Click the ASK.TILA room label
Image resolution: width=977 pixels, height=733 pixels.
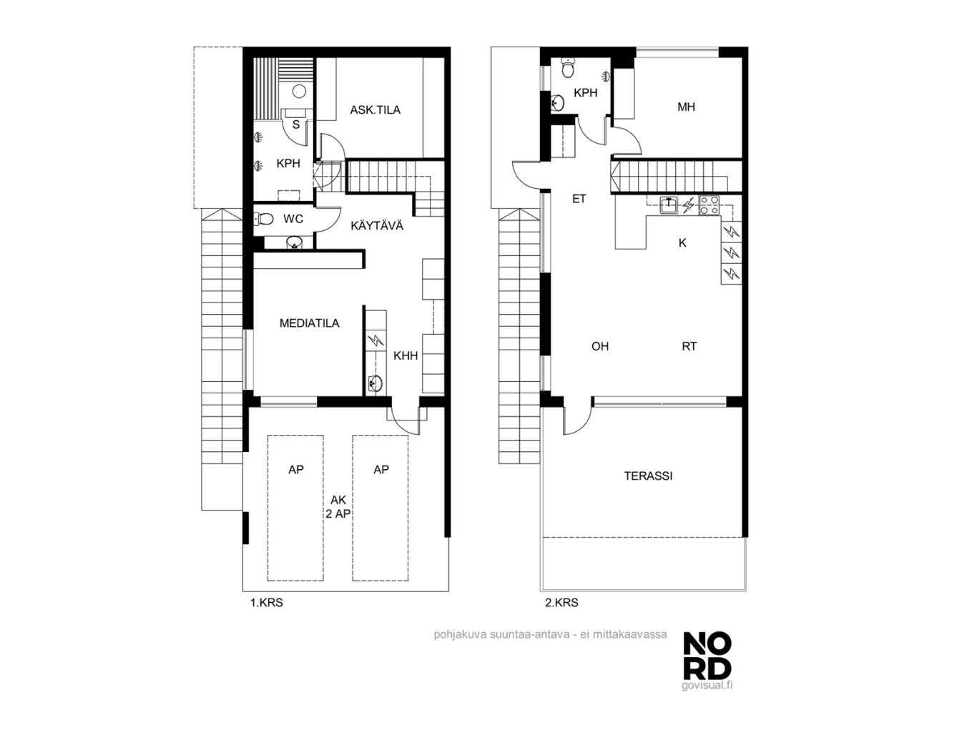(375, 110)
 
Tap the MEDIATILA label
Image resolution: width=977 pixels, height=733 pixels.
(310, 323)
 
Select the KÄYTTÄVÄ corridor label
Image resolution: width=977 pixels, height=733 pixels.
(377, 225)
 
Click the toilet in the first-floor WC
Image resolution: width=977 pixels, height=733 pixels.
(263, 219)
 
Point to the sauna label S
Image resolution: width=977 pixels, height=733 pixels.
(296, 124)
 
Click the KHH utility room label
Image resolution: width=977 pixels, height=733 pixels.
(406, 355)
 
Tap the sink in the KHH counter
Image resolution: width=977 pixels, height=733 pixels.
(375, 383)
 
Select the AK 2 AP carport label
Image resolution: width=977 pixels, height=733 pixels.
(338, 507)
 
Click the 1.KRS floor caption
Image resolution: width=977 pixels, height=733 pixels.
(266, 603)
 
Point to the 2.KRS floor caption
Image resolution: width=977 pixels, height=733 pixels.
(561, 603)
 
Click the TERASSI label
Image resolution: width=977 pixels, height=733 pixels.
(648, 476)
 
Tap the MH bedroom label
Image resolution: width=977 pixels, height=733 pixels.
(686, 107)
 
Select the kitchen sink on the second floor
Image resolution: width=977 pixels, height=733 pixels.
(668, 205)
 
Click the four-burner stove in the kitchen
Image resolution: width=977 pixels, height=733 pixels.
(709, 205)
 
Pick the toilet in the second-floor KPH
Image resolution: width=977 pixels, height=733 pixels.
(567, 68)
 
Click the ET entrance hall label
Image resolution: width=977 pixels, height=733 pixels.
(579, 199)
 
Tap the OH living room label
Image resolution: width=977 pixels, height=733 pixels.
(600, 346)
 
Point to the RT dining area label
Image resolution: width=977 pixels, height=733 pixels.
(689, 346)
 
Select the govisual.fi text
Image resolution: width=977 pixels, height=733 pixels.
(707, 685)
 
